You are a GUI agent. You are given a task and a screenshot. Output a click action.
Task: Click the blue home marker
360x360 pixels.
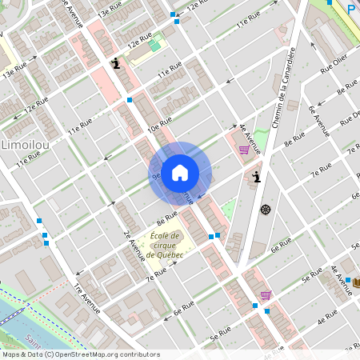(180, 172)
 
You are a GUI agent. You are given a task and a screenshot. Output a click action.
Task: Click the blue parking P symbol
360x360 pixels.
(350, 9)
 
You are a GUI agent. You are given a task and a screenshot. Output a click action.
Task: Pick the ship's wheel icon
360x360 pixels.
(265, 210)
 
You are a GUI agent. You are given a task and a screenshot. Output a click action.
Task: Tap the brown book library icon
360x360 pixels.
(356, 282)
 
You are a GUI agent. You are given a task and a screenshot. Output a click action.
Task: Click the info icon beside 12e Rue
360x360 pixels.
(117, 63)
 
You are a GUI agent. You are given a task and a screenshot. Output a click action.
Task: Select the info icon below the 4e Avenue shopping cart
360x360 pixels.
(255, 177)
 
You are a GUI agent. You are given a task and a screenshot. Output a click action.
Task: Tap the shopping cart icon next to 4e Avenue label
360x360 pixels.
(244, 149)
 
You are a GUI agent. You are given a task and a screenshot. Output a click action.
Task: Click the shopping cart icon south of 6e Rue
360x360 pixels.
(265, 294)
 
